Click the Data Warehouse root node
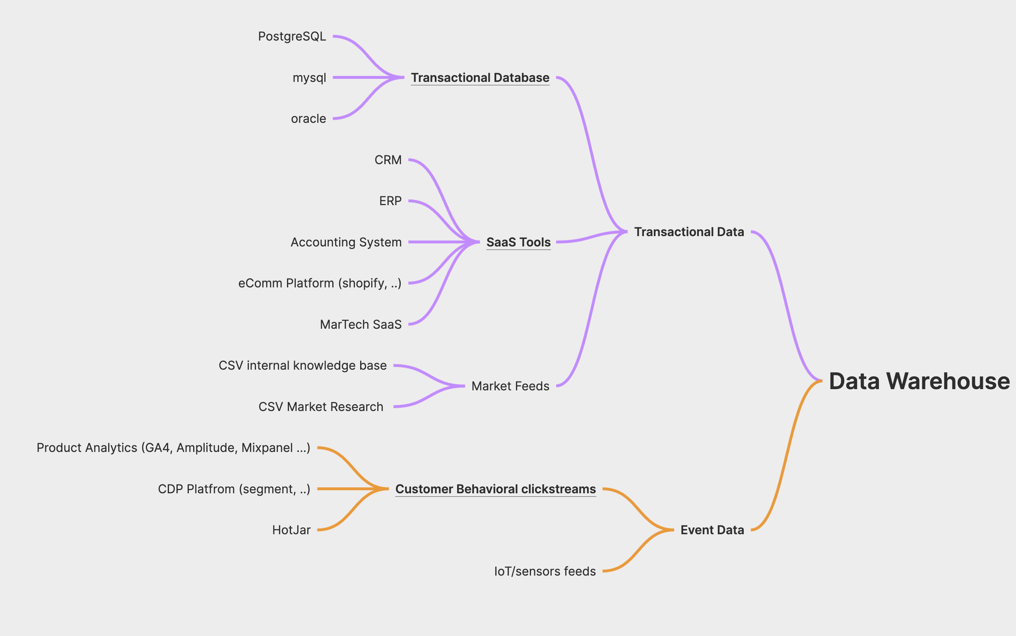pos(919,381)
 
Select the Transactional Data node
pos(689,232)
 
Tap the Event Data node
pos(712,530)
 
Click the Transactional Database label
pos(480,78)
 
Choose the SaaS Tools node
pos(518,242)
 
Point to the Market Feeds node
pos(510,386)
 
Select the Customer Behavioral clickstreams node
pos(495,489)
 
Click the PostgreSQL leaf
pos(292,37)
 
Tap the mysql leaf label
pos(309,78)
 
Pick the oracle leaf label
pos(308,119)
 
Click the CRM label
pos(388,160)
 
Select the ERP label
pos(390,201)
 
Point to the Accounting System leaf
pos(346,242)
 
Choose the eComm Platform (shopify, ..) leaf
pos(320,283)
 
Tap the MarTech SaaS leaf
pos(361,325)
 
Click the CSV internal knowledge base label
pos(303,366)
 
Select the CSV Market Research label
pos(321,407)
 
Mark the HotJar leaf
pos(291,530)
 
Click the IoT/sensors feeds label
pos(545,571)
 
